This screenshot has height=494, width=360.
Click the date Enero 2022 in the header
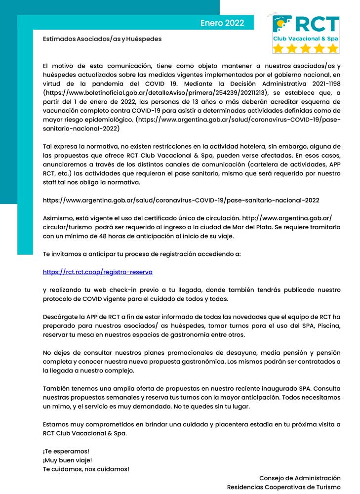pyautogui.click(x=222, y=23)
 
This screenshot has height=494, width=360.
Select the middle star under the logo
pyautogui.click(x=306, y=48)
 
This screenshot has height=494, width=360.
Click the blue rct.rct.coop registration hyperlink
pyautogui.click(x=98, y=272)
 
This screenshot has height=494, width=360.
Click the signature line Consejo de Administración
pyautogui.click(x=300, y=478)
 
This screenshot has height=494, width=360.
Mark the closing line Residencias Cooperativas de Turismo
pyautogui.click(x=284, y=487)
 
